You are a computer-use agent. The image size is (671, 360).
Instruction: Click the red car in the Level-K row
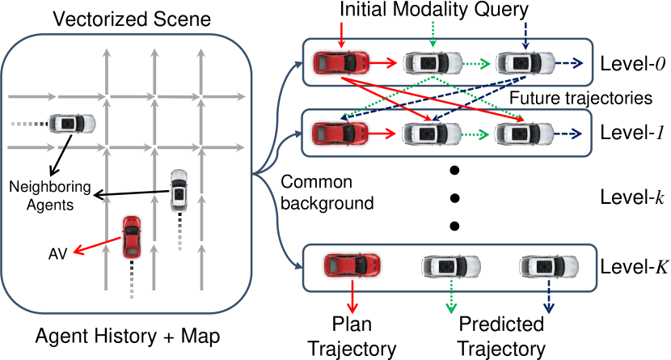pyautogui.click(x=352, y=265)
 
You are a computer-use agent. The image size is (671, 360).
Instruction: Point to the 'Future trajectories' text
pyautogui.click(x=580, y=99)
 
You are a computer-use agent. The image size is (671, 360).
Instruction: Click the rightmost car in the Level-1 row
pyautogui.click(x=525, y=130)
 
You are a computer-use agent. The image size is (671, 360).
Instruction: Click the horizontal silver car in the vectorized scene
pyautogui.click(x=72, y=124)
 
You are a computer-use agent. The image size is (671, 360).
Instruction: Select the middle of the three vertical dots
pyautogui.click(x=454, y=197)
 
